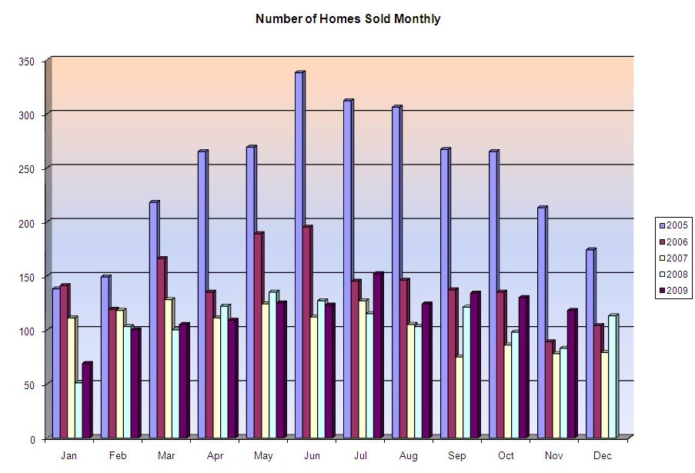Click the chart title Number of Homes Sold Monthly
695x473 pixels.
(x=348, y=19)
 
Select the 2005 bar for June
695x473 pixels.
(x=300, y=255)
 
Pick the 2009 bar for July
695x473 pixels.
(x=379, y=355)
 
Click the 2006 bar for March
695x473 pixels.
(x=162, y=348)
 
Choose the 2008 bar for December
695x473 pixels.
(x=613, y=376)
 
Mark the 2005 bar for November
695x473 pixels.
(x=543, y=322)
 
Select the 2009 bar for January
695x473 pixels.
(x=88, y=401)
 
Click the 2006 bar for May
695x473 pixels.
(x=259, y=335)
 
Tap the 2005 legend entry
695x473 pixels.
(x=673, y=225)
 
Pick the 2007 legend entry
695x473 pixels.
(x=673, y=258)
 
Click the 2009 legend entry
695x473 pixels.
(x=673, y=291)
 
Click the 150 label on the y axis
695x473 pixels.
(x=27, y=278)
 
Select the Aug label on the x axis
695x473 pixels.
(x=408, y=456)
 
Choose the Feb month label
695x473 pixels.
(x=118, y=455)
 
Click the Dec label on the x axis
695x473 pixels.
(x=603, y=455)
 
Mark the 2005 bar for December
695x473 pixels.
(x=591, y=344)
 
